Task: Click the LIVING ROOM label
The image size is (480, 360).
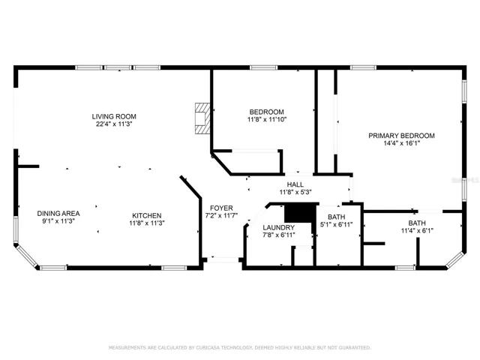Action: pyautogui.click(x=114, y=116)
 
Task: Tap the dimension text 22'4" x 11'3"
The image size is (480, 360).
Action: pyautogui.click(x=114, y=124)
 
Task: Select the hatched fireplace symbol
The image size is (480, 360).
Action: pyautogui.click(x=202, y=118)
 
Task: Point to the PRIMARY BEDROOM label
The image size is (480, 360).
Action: pyautogui.click(x=401, y=136)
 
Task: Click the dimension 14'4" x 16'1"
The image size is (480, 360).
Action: pyautogui.click(x=401, y=143)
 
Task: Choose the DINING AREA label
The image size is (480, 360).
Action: pyautogui.click(x=58, y=213)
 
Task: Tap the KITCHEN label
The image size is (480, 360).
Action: pyautogui.click(x=147, y=215)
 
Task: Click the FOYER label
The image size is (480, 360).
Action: pyautogui.click(x=221, y=208)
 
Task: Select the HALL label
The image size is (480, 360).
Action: pyautogui.click(x=295, y=184)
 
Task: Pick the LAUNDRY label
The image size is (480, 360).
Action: pyautogui.click(x=278, y=227)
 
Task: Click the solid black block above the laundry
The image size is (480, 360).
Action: pyautogui.click(x=300, y=212)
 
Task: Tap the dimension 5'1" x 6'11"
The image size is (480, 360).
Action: pyautogui.click(x=337, y=224)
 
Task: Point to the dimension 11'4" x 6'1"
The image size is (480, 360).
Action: pyautogui.click(x=417, y=230)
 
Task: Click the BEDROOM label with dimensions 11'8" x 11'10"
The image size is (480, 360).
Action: pyautogui.click(x=267, y=112)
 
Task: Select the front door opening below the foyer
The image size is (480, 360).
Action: pyautogui.click(x=223, y=260)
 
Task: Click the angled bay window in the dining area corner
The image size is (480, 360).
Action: pyautogui.click(x=27, y=256)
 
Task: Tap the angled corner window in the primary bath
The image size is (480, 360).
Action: pyautogui.click(x=456, y=260)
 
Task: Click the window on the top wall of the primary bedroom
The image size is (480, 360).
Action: pyautogui.click(x=363, y=67)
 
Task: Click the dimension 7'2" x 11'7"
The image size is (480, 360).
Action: pyautogui.click(x=221, y=215)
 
